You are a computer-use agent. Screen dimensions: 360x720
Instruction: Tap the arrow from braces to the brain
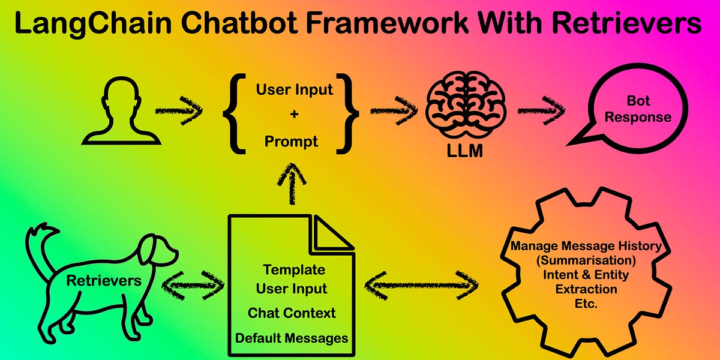tap(394, 111)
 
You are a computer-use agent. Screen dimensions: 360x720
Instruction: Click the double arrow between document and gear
tap(422, 284)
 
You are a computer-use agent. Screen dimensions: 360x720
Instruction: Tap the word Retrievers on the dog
tap(104, 280)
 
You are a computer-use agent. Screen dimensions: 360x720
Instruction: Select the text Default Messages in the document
tap(291, 338)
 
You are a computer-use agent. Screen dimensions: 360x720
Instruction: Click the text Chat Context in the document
tap(291, 313)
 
